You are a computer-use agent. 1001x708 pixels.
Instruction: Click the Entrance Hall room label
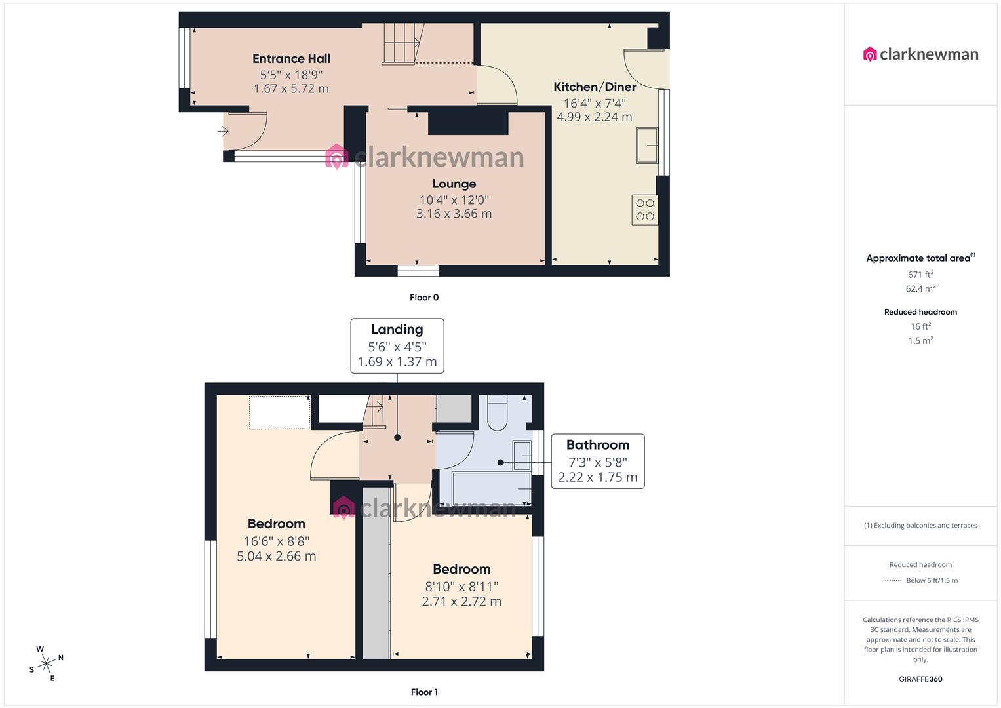(x=291, y=59)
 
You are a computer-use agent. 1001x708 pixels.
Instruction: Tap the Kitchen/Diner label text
(x=595, y=87)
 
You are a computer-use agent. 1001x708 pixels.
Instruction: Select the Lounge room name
(x=454, y=184)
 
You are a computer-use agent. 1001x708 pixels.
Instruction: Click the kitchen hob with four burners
(x=644, y=210)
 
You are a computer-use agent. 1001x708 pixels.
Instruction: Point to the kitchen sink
(x=646, y=145)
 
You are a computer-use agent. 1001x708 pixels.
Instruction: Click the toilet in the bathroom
(x=497, y=413)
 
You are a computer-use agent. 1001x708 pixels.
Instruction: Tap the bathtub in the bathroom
(x=492, y=488)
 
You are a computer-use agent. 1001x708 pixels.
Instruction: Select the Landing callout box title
(x=397, y=330)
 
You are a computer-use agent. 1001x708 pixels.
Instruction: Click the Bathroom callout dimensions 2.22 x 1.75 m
(x=597, y=477)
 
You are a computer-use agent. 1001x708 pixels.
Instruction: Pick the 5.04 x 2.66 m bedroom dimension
(x=276, y=557)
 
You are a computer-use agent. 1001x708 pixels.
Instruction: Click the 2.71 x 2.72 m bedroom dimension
(x=461, y=602)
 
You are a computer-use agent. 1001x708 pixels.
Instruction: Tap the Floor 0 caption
(x=424, y=298)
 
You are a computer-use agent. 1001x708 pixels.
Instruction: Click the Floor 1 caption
(x=424, y=692)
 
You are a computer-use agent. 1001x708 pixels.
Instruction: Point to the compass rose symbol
(x=46, y=663)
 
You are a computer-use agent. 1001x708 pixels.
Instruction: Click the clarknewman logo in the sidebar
(x=920, y=54)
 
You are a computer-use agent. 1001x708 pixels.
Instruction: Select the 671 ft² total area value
(x=920, y=275)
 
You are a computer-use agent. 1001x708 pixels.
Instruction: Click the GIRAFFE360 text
(x=920, y=679)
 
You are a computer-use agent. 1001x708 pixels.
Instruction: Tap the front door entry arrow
(x=223, y=132)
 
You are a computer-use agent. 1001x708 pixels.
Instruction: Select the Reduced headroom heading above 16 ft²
(x=920, y=312)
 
